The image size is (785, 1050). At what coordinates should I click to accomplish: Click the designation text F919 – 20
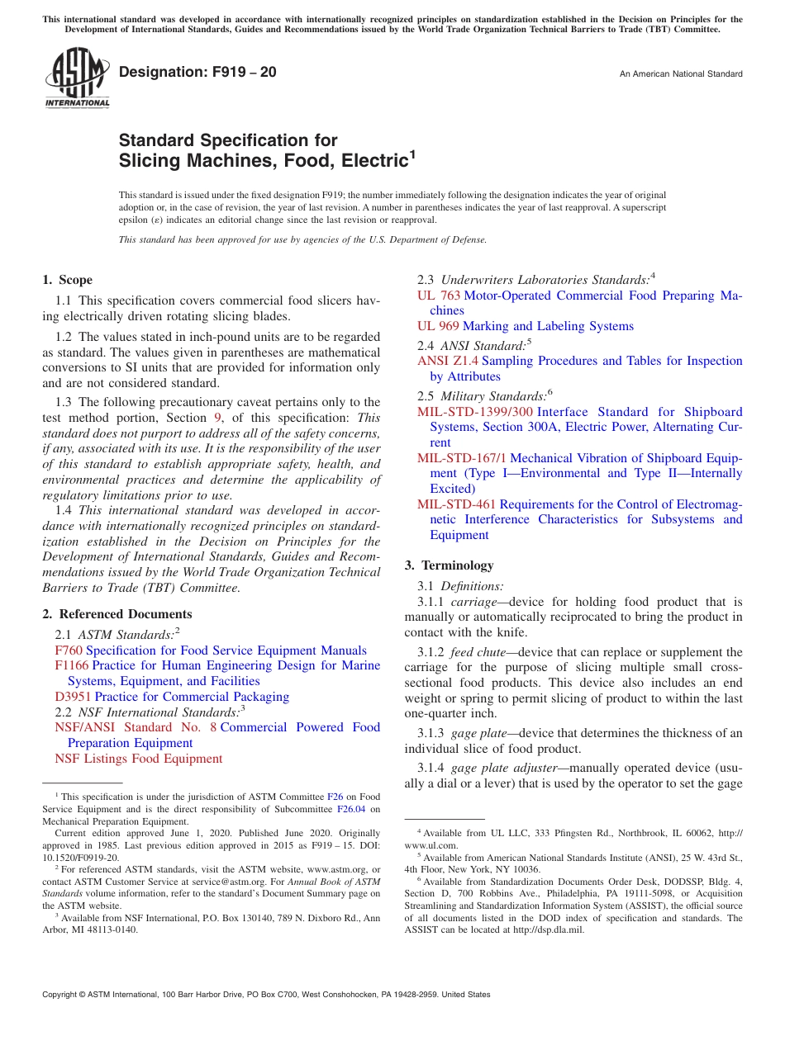(x=198, y=72)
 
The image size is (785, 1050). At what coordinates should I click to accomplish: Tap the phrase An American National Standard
(x=681, y=74)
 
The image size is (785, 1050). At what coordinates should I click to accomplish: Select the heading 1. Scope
(x=68, y=280)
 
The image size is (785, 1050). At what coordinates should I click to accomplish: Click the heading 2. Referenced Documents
(x=117, y=614)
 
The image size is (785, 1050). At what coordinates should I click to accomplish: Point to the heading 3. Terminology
(x=450, y=565)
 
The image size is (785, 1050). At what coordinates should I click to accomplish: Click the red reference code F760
(x=69, y=650)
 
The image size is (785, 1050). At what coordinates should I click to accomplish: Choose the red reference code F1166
(x=72, y=665)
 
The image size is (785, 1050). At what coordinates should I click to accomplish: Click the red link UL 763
(x=439, y=296)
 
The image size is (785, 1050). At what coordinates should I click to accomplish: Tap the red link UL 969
(x=439, y=326)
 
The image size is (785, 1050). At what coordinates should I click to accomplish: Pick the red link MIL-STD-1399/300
(x=475, y=412)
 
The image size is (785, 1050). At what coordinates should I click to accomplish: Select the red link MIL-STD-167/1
(x=462, y=458)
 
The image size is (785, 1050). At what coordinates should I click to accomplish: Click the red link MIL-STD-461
(x=457, y=504)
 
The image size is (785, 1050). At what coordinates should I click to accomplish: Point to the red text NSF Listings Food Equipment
(x=138, y=759)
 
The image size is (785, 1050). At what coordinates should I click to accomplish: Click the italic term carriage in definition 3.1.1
(x=473, y=602)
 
